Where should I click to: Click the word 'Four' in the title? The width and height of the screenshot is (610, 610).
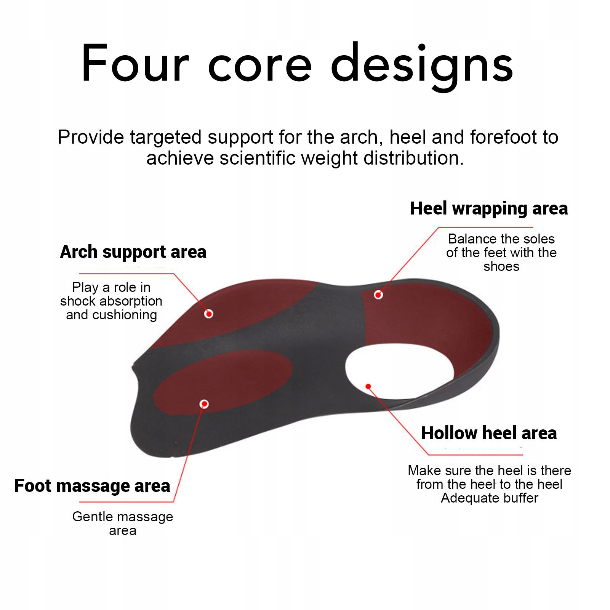point(134,63)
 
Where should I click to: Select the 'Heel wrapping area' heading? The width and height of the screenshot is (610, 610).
point(489,208)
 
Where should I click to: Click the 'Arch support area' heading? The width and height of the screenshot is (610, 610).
point(133,252)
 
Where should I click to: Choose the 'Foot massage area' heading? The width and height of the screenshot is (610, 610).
point(92,486)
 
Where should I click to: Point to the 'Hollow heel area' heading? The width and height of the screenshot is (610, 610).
point(489,433)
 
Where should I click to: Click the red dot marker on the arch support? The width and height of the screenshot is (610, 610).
point(208,314)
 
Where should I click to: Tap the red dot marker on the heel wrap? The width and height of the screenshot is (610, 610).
point(378,295)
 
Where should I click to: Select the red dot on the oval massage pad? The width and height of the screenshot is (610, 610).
point(204,404)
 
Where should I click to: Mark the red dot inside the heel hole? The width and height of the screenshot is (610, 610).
point(368,386)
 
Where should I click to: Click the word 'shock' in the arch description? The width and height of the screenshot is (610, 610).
point(78,301)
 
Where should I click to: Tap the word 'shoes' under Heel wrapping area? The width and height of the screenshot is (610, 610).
point(501,266)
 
